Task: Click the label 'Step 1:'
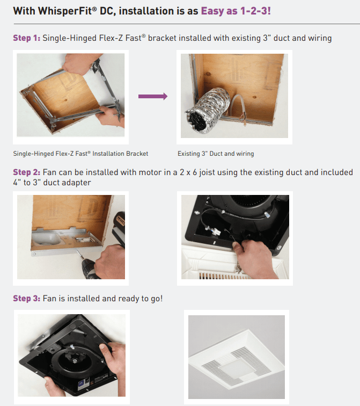26,38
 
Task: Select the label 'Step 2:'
26,172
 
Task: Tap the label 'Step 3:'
26,298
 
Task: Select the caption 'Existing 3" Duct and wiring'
216,154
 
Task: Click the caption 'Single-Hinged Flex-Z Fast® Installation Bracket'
80,154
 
